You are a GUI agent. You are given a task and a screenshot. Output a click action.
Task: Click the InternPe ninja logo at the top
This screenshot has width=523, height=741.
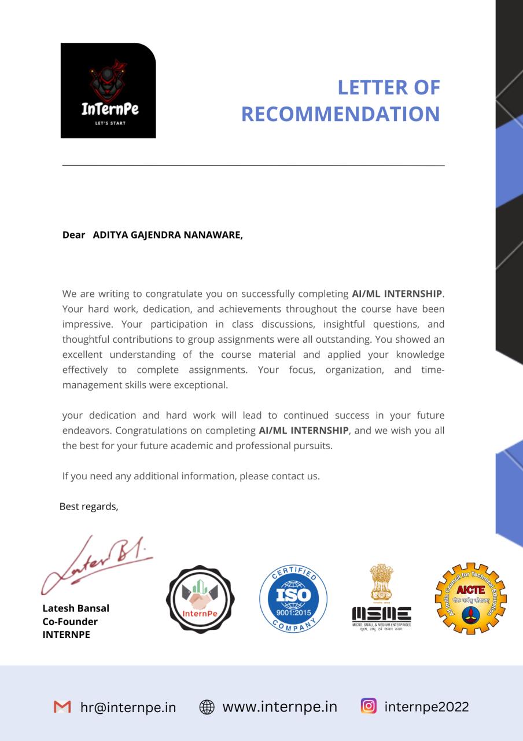coord(108,90)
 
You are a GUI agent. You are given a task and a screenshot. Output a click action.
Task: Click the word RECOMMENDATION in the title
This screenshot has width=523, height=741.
coord(340,114)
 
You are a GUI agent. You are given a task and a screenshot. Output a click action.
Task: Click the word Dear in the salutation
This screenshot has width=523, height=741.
coord(73,235)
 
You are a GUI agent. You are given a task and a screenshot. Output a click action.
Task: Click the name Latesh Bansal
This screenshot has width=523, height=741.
coord(76,608)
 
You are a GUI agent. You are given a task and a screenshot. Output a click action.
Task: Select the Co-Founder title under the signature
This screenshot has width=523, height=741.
coord(70,621)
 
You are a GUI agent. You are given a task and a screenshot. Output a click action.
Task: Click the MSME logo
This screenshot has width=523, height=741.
coord(381,599)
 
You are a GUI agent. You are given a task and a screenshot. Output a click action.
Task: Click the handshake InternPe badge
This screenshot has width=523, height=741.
coord(200,599)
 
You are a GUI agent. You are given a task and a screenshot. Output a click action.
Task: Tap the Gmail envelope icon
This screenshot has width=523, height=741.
coord(62,707)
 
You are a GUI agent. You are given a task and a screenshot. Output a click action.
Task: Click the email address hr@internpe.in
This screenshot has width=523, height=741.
coord(128,707)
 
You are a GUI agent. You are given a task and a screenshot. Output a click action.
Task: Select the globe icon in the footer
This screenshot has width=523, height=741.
coord(207,707)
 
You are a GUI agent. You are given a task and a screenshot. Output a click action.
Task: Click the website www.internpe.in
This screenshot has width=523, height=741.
coord(279,707)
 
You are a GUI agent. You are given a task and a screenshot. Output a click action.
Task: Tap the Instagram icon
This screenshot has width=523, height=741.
coord(369,706)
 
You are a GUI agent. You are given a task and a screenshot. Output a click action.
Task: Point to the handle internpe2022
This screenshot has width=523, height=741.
coord(426,707)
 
